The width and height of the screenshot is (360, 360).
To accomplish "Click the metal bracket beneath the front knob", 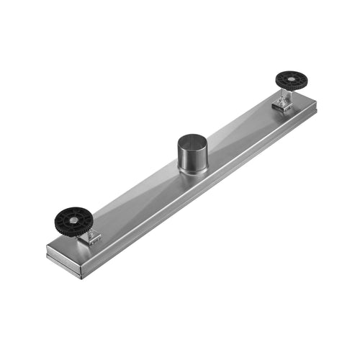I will (90, 235).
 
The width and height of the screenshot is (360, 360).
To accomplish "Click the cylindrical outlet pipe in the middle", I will (191, 153).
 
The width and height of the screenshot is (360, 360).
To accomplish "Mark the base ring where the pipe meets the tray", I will (192, 172).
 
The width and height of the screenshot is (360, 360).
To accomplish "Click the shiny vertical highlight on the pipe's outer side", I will (185, 157).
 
